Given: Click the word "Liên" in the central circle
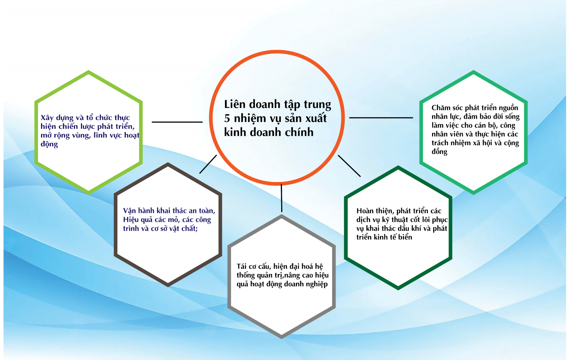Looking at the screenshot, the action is point(234,104).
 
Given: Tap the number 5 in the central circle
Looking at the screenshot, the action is point(227,118).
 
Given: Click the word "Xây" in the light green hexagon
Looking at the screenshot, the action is point(47,118).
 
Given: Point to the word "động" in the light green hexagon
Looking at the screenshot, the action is point(49,144).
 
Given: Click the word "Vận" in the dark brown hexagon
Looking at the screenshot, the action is point(129,211).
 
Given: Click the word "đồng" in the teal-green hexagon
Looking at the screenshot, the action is point(439,152).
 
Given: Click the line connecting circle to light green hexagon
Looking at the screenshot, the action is point(177,122).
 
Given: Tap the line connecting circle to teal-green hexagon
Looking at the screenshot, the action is point(381,117).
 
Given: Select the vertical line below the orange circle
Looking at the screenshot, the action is point(282,198).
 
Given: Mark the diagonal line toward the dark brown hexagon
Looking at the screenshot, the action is point(208,164).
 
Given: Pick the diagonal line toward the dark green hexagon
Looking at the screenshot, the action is point(349,166).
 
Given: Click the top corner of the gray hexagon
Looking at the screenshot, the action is point(282,216).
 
